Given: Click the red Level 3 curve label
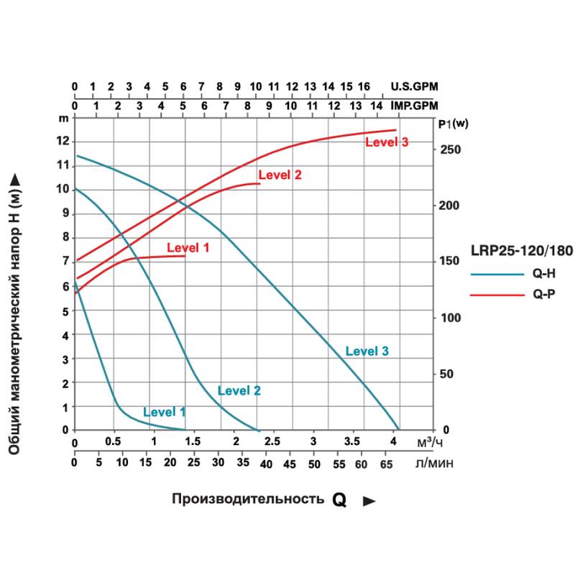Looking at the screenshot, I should (x=387, y=142).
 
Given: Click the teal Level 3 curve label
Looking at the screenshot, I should (x=367, y=351).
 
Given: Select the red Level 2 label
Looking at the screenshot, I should (x=280, y=175).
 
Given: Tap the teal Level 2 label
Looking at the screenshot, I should (x=239, y=391).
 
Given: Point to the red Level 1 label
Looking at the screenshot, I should (x=188, y=248).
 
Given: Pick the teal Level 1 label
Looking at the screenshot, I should (x=165, y=413).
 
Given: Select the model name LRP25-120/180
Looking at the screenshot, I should (x=521, y=252).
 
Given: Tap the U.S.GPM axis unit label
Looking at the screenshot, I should (x=414, y=87).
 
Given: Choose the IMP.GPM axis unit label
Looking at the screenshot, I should (x=413, y=105).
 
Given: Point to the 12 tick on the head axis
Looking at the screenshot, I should (x=65, y=141).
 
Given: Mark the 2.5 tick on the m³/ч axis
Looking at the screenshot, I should (x=273, y=441).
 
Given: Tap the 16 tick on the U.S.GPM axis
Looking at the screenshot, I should (x=364, y=87).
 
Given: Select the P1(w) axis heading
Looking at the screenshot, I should (x=453, y=124).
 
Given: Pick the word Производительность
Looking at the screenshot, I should (x=247, y=500).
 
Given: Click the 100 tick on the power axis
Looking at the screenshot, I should (x=450, y=318).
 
